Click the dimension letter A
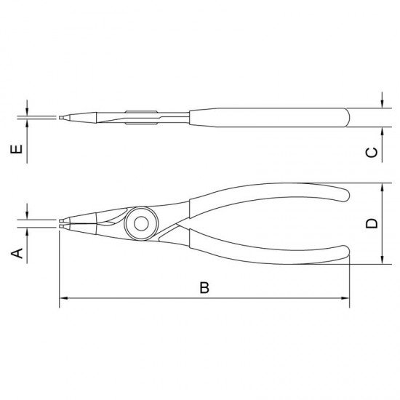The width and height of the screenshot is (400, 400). (x=17, y=253)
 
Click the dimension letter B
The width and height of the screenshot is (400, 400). (x=204, y=287)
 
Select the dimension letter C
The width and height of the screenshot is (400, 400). (x=372, y=153)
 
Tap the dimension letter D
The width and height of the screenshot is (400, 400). (x=372, y=223)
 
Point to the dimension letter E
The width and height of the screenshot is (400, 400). (x=16, y=149)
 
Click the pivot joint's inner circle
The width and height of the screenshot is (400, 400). (x=141, y=224)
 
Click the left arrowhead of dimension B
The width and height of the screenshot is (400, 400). (x=63, y=298)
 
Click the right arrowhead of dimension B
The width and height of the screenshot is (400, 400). (x=345, y=298)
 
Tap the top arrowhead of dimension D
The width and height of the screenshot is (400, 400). (x=382, y=187)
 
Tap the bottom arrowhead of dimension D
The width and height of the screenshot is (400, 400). (x=382, y=260)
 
